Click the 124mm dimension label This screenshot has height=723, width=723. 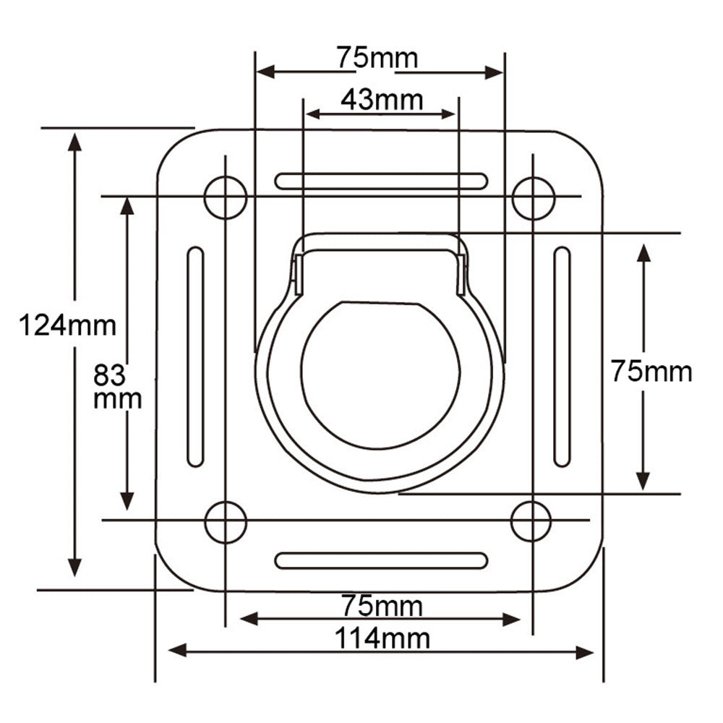(x=67, y=325)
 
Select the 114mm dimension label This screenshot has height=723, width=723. (x=382, y=639)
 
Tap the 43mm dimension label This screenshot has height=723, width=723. (x=381, y=100)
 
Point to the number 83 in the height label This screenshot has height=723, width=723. (x=110, y=375)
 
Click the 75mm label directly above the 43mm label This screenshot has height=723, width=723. (x=377, y=58)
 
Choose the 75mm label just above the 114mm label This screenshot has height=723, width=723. (x=382, y=605)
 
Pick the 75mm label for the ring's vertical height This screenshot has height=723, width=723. (x=651, y=371)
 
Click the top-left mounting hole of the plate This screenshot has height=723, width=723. (x=226, y=197)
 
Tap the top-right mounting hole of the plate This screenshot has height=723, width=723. (x=533, y=197)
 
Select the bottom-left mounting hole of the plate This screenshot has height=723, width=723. (x=226, y=521)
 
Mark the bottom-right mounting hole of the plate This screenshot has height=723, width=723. (x=531, y=520)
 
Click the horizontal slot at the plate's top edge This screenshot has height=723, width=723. (x=380, y=181)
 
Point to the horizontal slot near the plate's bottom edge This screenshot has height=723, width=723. (x=381, y=560)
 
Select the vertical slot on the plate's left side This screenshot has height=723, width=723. (x=195, y=356)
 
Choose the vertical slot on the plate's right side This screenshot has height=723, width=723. (x=562, y=356)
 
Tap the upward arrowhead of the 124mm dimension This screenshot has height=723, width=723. (x=74, y=142)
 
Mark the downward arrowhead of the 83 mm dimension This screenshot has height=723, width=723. (x=127, y=500)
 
